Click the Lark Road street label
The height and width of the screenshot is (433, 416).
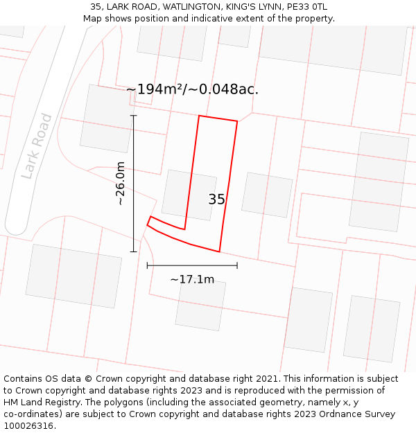coord(37,146)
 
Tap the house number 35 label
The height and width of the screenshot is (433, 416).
coord(216,200)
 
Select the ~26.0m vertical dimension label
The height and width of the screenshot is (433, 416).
coord(120,184)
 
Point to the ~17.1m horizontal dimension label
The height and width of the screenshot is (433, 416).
coord(192,280)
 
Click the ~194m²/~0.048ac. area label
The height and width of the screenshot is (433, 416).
coord(192,89)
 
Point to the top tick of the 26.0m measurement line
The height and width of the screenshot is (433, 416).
coord(134,116)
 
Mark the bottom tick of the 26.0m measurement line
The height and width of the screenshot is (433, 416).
coord(134,251)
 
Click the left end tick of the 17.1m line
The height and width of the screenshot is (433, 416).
coord(147,265)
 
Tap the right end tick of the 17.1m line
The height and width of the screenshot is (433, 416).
coord(237,265)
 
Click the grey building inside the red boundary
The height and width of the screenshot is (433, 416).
coord(189,195)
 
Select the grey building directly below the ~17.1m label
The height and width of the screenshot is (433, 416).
coord(200,305)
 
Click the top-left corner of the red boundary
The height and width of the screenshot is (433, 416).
coord(199,116)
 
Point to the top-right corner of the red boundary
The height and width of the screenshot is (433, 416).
coord(237,121)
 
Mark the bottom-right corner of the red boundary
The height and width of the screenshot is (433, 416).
coord(219,251)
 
